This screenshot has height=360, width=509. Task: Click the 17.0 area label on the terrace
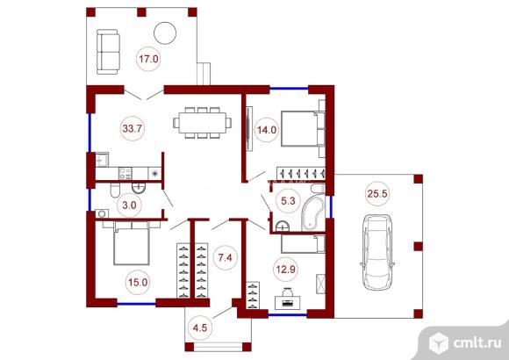[148, 59]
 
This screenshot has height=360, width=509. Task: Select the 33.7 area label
[133, 129]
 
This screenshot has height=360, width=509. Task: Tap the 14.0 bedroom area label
[267, 130]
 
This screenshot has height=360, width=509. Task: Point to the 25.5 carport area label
[377, 194]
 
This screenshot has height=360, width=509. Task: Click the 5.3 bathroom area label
[288, 201]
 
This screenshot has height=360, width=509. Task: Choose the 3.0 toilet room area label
[129, 205]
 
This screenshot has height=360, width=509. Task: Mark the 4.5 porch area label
[199, 328]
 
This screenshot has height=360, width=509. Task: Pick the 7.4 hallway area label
[225, 257]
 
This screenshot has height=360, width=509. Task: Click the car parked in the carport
[377, 252]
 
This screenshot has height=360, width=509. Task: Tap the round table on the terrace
[165, 32]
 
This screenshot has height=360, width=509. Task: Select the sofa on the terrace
[108, 52]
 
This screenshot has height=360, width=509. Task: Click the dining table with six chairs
[202, 123]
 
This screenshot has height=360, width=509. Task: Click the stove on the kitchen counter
[125, 173]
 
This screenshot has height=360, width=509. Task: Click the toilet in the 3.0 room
[115, 191]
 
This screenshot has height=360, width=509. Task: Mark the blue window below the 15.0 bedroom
[136, 304]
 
